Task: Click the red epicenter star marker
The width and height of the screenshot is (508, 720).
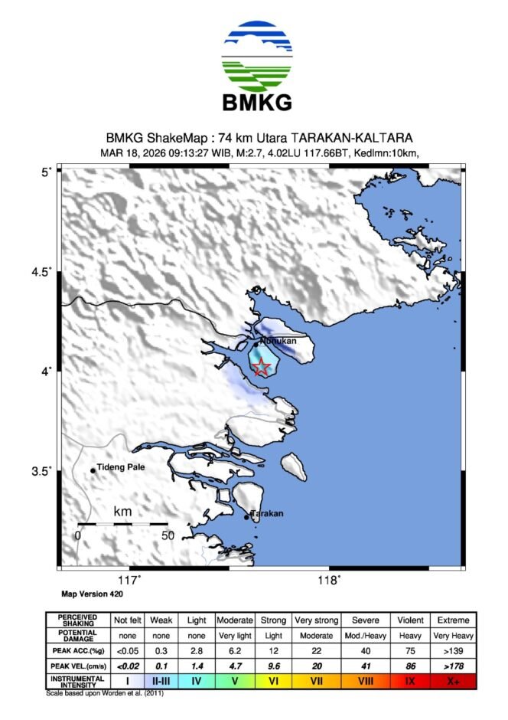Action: tap(262, 367)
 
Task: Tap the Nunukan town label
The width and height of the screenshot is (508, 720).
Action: tap(278, 341)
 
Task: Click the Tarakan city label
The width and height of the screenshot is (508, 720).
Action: tap(267, 513)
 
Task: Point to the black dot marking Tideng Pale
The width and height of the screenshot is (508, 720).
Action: tap(93, 470)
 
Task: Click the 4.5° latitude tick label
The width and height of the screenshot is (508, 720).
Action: tap(41, 271)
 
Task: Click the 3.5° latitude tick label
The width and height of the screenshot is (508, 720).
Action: tap(41, 470)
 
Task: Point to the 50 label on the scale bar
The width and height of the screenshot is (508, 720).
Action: tap(167, 536)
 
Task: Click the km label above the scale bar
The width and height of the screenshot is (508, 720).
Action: tap(122, 511)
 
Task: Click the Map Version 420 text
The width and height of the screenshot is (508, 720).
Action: tap(92, 594)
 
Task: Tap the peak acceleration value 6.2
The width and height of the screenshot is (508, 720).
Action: tap(235, 650)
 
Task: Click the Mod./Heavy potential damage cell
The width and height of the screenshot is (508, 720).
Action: tap(363, 636)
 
